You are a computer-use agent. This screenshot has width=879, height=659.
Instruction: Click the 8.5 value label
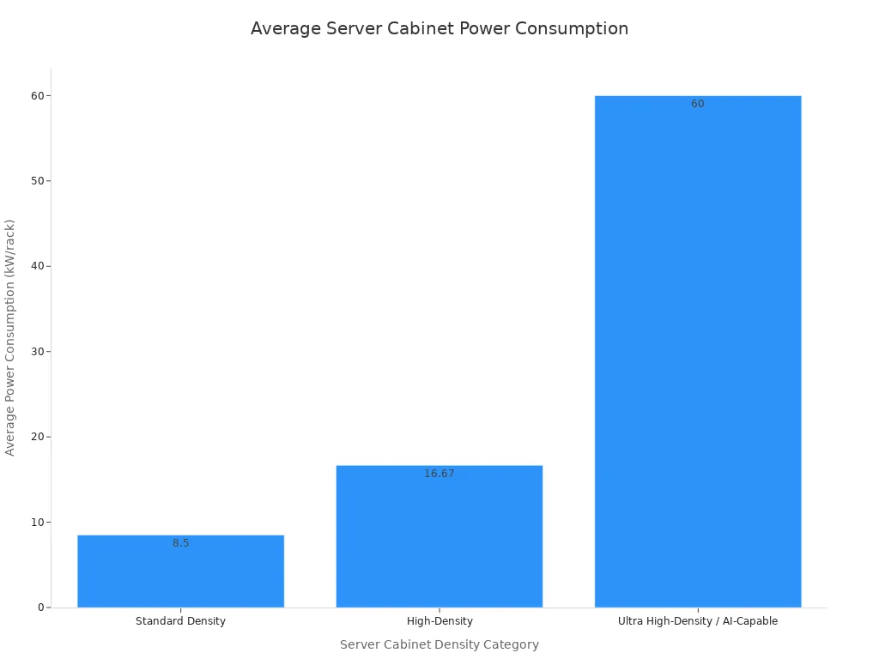coord(180,543)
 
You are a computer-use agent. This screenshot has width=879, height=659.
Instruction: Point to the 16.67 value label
coord(439,474)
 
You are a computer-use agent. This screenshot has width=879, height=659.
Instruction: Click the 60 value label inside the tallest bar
coord(697,104)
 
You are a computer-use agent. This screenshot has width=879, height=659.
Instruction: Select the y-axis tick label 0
coord(40,608)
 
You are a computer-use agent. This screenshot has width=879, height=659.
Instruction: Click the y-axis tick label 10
coord(38,522)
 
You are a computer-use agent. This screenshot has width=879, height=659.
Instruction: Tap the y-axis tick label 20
coord(38,437)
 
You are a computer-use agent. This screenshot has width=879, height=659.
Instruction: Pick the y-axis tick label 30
coord(38,351)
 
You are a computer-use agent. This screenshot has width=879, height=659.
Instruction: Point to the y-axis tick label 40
coord(38,266)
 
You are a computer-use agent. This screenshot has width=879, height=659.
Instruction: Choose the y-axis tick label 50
coord(38,180)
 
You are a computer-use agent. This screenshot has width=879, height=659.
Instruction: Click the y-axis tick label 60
coord(38,95)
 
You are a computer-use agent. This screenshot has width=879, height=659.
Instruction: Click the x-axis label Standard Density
coord(180,621)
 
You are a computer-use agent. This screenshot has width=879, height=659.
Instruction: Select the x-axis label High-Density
coord(439,621)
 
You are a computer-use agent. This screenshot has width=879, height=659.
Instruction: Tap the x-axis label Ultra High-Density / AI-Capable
coord(697,621)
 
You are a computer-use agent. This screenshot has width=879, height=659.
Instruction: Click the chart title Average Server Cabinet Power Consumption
coord(439,28)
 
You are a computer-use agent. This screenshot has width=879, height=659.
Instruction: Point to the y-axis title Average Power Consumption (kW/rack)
coord(10,337)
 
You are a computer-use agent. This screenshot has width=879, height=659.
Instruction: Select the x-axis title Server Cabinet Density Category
coord(439,644)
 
